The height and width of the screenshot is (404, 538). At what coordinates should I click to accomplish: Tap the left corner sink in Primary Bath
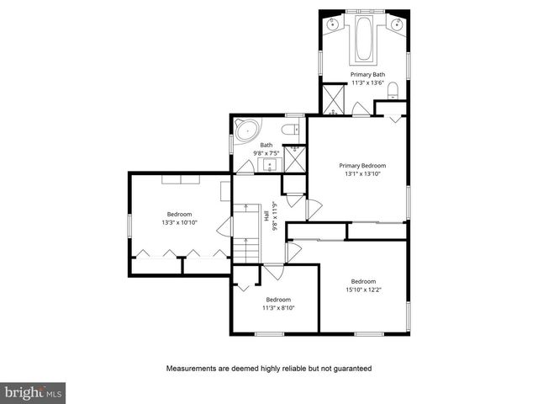point(334,24)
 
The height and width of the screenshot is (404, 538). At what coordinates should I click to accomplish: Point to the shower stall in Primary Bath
point(335,101)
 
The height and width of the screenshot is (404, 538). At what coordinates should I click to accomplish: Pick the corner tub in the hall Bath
point(247,130)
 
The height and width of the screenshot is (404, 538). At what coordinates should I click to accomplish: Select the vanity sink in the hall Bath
point(268,164)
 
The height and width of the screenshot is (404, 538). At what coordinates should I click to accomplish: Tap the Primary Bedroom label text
point(362,166)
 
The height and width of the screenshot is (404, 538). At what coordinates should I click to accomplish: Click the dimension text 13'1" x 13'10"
point(362,174)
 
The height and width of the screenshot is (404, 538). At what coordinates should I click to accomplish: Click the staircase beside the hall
point(243,237)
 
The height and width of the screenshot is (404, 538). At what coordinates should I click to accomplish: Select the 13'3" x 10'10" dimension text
point(179,222)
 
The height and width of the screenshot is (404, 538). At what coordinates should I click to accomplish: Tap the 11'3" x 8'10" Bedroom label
point(278,300)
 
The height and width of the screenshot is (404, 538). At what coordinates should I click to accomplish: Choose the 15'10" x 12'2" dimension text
point(363,290)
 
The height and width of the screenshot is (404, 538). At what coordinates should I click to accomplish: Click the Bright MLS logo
point(34,392)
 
